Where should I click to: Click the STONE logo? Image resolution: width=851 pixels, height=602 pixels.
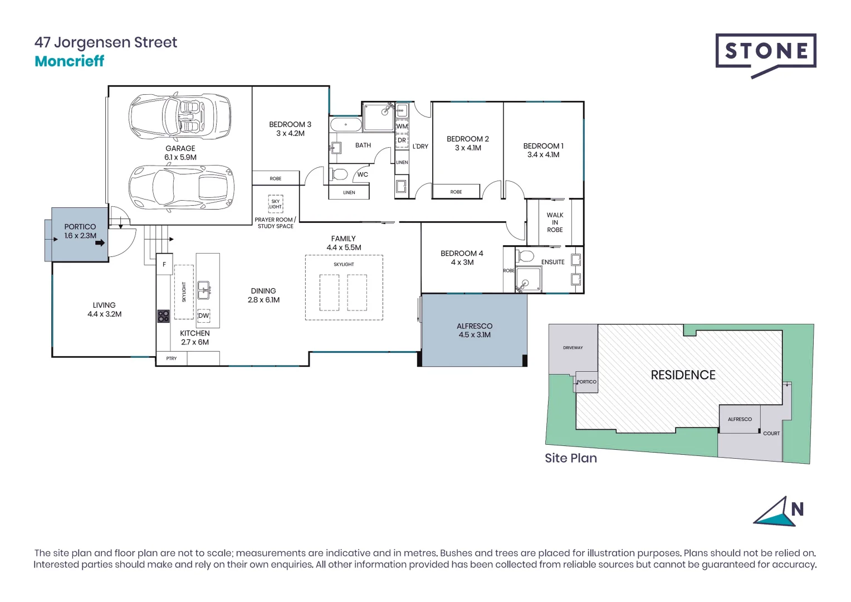(766, 52)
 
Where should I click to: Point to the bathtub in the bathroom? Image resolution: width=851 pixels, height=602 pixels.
(346, 124)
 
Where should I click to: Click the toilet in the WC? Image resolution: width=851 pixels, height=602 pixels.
(339, 174)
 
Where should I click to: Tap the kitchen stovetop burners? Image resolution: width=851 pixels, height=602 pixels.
(163, 317)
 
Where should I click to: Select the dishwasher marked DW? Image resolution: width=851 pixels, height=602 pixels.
(204, 315)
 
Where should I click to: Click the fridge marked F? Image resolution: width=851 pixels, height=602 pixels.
(164, 265)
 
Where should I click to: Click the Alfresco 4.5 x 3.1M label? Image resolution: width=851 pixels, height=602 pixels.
(475, 331)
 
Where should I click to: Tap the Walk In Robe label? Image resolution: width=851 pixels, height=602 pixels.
(555, 222)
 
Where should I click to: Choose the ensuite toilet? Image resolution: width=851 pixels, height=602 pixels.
(525, 257)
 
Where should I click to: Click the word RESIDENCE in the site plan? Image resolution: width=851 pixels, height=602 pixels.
(683, 375)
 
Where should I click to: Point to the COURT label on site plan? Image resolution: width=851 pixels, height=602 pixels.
(771, 433)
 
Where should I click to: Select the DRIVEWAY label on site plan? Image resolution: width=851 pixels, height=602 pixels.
(573, 348)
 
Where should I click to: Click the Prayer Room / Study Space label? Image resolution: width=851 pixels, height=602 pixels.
(275, 223)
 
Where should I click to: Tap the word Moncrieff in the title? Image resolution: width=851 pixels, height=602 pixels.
(69, 61)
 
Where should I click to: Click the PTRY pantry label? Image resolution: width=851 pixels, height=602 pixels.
(172, 358)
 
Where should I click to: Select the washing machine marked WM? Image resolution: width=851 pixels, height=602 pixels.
(402, 127)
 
